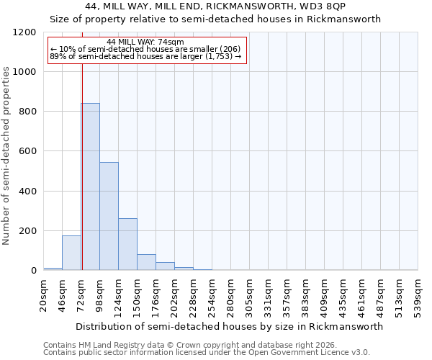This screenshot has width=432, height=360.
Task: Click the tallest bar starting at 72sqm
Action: click(x=90, y=186)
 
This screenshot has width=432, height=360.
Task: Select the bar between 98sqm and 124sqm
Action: click(x=109, y=216)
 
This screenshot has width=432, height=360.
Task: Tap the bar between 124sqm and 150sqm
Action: click(x=127, y=244)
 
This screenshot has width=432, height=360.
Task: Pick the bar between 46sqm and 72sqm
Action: click(x=71, y=253)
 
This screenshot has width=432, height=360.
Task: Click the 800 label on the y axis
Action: click(x=28, y=112)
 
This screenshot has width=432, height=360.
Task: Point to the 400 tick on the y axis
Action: click(x=28, y=192)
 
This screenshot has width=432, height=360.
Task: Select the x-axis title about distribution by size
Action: click(x=229, y=326)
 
